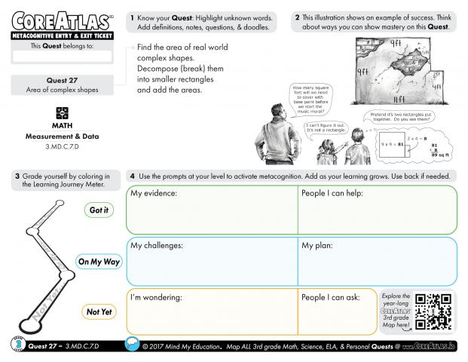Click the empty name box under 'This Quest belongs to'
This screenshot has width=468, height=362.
[62, 56]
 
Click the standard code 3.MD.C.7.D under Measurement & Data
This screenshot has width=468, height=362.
[62, 146]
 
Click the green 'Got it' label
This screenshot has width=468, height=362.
[99, 210]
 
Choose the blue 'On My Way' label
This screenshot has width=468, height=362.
[98, 262]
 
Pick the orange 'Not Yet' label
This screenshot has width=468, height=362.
[99, 311]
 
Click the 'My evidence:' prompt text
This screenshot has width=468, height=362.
[154, 195]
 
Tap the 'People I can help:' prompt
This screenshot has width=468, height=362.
[333, 195]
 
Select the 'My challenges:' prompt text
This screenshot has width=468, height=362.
[157, 246]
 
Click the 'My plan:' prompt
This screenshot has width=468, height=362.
[320, 246]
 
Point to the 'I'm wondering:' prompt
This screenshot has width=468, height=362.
[157, 297]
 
